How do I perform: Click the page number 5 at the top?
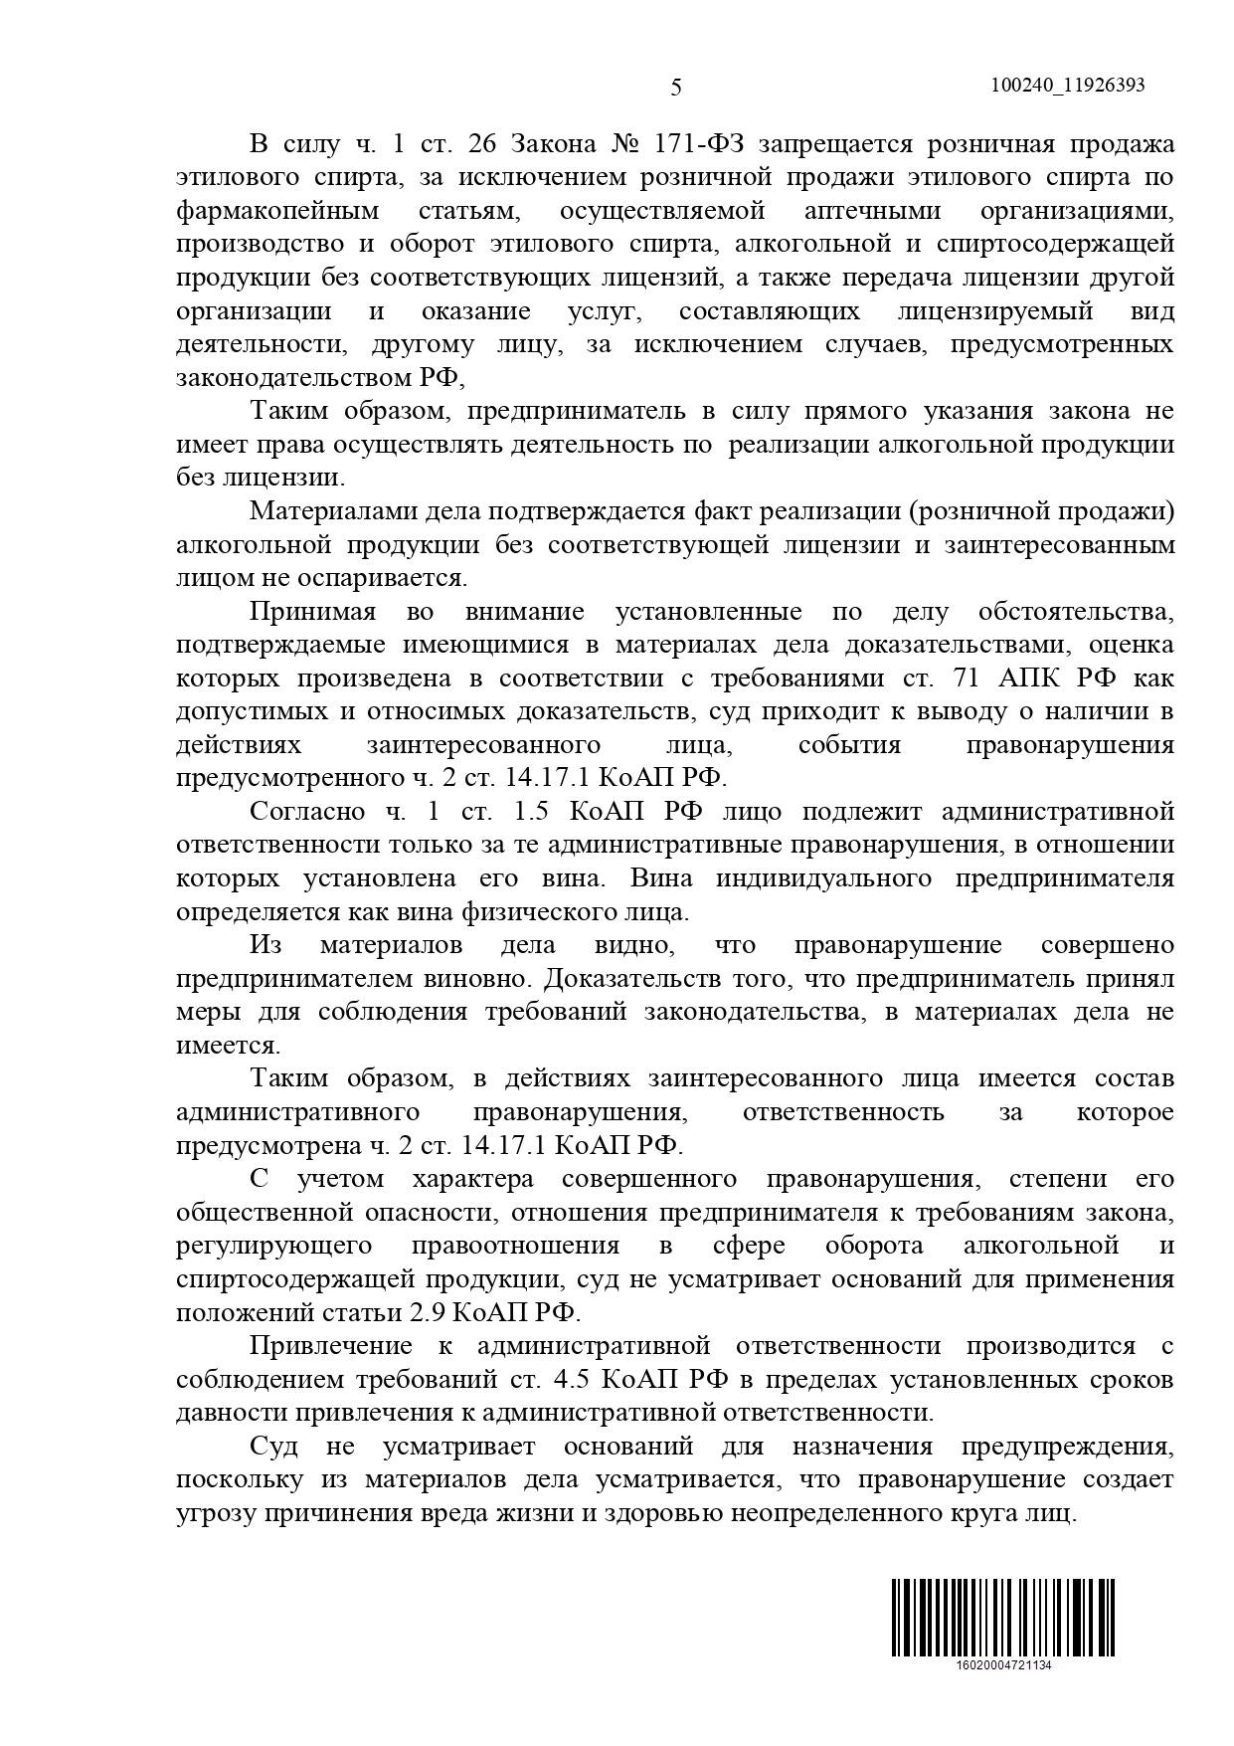tap(676, 88)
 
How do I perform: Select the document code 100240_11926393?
tap(1068, 86)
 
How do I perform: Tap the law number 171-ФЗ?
tap(701, 144)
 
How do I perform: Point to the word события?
tap(849, 745)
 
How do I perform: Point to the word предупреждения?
tap(1068, 1446)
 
